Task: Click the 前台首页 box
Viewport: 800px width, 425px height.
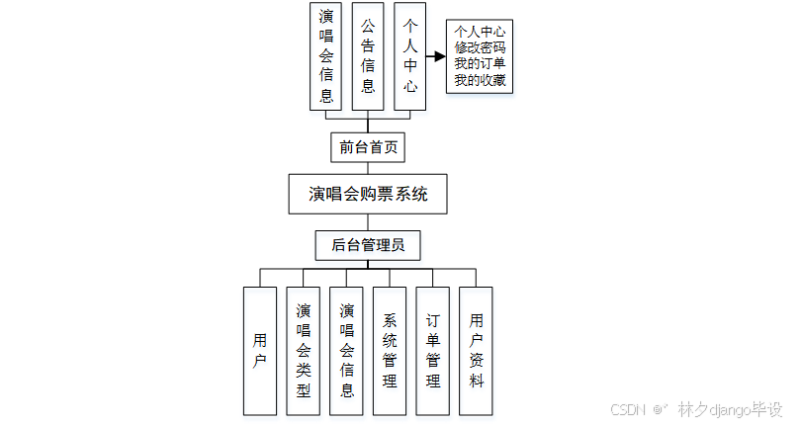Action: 368,147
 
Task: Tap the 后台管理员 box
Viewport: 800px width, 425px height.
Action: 368,244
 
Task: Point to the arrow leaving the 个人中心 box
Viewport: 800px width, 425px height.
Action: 437,55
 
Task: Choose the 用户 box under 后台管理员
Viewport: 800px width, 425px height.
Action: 260,351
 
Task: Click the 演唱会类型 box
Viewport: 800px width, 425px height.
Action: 304,351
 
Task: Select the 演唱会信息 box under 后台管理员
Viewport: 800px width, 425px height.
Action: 347,351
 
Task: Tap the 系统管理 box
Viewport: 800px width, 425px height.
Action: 390,351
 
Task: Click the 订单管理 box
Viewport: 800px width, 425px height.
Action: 433,351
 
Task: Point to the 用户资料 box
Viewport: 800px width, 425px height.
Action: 477,351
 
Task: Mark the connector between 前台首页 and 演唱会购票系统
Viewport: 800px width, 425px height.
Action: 368,168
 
